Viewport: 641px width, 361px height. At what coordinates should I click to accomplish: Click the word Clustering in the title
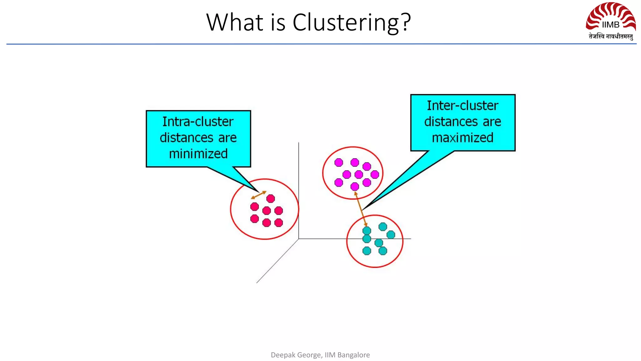coord(346,23)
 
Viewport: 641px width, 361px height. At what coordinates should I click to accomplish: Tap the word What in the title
coord(235,23)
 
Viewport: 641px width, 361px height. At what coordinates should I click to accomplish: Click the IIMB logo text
coord(610,25)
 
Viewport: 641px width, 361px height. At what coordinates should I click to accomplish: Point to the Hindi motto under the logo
coord(611,37)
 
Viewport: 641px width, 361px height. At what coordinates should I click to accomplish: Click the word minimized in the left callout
coord(198,154)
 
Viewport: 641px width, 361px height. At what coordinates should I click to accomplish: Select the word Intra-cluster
coord(198,122)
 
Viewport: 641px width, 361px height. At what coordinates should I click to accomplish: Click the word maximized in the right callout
coord(463,138)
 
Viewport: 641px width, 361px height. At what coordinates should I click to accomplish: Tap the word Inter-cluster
coord(463,106)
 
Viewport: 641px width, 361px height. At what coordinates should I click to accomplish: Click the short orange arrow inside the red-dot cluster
coord(259,195)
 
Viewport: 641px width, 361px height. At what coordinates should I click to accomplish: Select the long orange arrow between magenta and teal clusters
coord(361,209)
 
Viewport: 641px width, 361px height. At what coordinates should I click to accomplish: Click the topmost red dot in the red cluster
coord(271,198)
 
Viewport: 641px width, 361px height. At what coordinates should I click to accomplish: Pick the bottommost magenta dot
coord(355,187)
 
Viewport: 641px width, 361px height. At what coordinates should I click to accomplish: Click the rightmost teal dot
coord(391,234)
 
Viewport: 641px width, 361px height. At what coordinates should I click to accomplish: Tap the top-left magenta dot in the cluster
coord(339,162)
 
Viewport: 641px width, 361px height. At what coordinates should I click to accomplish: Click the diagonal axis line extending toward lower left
coord(277,261)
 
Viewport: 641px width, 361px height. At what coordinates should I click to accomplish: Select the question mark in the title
coord(406,23)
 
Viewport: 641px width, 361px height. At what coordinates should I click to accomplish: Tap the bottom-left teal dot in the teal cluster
coord(367,251)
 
